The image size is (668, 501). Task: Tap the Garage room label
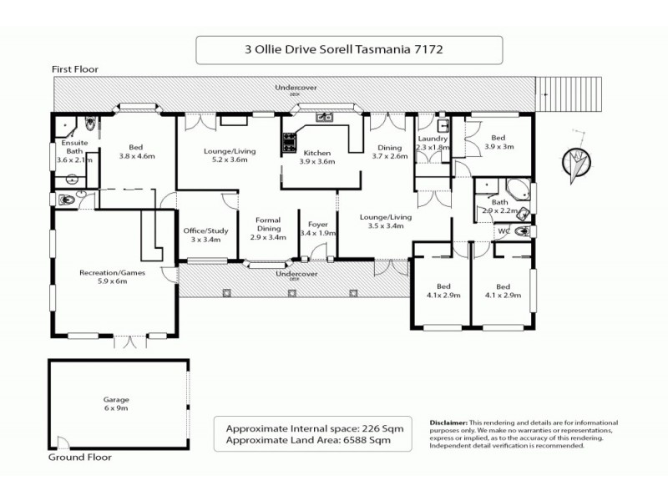click(x=117, y=399)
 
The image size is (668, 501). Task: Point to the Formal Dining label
click(x=268, y=225)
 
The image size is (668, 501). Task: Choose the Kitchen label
click(x=317, y=153)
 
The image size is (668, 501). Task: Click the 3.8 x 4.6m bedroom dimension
click(x=137, y=155)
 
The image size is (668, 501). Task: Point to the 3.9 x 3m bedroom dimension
click(x=496, y=147)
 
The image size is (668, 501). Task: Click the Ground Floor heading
click(x=80, y=458)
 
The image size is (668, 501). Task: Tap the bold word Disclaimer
click(x=452, y=424)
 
